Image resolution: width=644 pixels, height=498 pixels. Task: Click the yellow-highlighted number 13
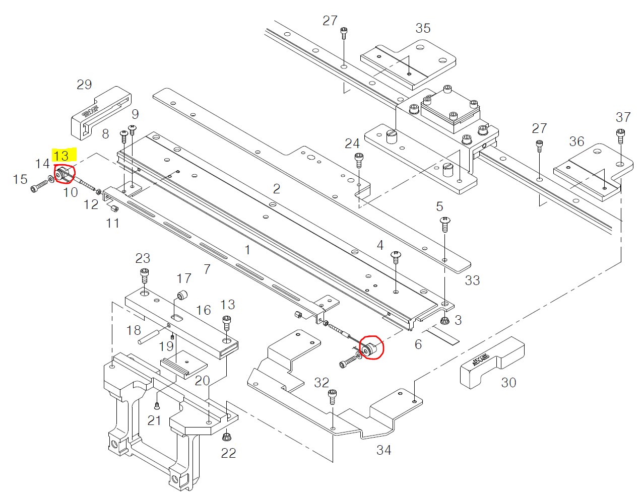[x=61, y=155]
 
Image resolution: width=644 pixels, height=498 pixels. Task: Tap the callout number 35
[x=423, y=28]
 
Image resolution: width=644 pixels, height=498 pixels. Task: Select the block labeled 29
[x=101, y=113]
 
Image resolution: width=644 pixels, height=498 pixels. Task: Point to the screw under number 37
[x=620, y=135]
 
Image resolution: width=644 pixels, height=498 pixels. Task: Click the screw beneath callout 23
[x=144, y=275]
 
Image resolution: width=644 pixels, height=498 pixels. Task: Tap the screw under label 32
[x=332, y=396]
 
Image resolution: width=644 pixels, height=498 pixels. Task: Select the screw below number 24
[x=359, y=160]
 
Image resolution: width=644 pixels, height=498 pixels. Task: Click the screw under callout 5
[x=445, y=223]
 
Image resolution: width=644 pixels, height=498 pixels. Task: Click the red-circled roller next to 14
[x=64, y=174]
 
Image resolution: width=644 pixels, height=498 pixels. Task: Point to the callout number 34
[x=383, y=450]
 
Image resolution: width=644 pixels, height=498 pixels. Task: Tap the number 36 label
[x=576, y=141]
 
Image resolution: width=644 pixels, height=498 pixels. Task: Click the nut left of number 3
[x=444, y=321]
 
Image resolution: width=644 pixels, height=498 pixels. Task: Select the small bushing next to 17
[x=182, y=295]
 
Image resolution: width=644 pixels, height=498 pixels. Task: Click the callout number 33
[x=472, y=280]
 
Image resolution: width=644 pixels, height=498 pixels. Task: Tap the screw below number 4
[x=396, y=257]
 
